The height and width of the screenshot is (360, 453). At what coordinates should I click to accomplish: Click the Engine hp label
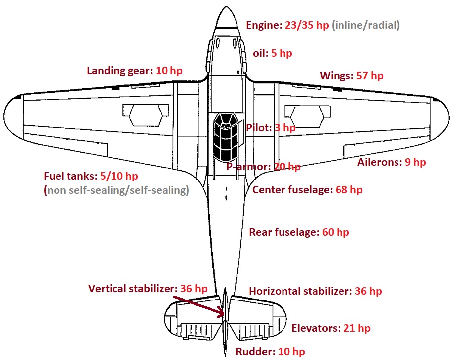(287, 25)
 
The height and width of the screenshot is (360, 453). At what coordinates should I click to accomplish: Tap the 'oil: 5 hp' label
(272, 53)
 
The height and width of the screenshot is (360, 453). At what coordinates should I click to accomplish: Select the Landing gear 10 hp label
(134, 70)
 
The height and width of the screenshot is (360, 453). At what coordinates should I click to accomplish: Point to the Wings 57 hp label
(351, 76)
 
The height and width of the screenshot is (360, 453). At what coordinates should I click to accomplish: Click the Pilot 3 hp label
(271, 128)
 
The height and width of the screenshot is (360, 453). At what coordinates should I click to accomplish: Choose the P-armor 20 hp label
(263, 167)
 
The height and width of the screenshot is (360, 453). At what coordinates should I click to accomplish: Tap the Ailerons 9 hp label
(392, 162)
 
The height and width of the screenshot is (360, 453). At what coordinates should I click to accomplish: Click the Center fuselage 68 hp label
(307, 190)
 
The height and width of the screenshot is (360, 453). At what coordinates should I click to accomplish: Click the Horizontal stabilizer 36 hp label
(315, 291)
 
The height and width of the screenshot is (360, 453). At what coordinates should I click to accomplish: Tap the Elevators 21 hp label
(331, 328)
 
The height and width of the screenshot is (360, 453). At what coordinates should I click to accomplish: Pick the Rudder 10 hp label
(270, 352)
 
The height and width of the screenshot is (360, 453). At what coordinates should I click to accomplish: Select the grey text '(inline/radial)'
(366, 25)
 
